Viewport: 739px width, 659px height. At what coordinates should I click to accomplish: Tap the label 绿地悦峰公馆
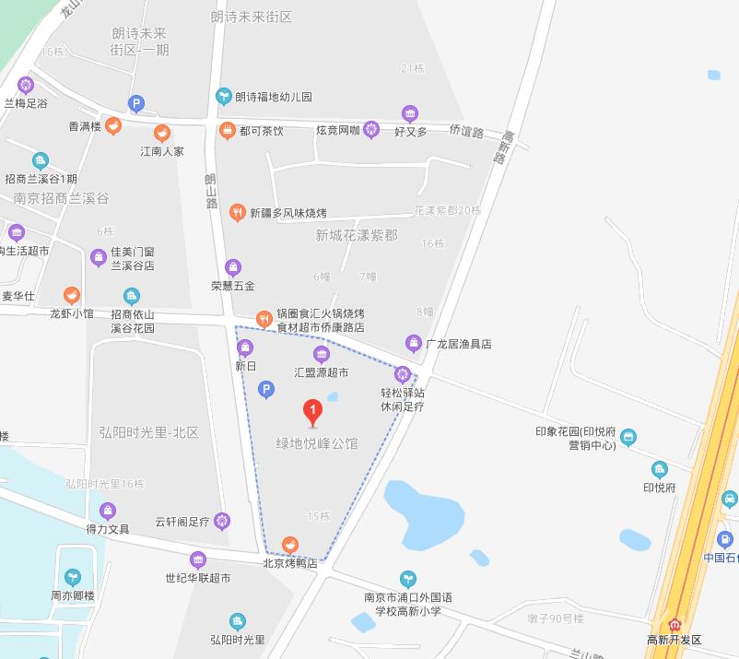(317, 443)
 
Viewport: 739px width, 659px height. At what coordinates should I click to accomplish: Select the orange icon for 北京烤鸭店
(290, 545)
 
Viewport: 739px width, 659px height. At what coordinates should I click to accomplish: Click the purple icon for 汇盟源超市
(321, 354)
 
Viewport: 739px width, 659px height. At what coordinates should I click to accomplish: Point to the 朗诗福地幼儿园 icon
(223, 96)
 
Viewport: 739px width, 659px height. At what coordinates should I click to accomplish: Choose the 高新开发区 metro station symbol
(674, 623)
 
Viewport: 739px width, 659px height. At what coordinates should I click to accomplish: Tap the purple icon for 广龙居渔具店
(414, 344)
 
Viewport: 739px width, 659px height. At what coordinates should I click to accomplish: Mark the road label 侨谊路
(466, 132)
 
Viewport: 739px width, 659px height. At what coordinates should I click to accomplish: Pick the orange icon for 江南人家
(162, 133)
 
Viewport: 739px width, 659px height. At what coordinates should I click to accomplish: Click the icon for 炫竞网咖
(371, 130)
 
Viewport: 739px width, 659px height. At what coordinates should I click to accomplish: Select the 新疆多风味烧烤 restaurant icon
(238, 213)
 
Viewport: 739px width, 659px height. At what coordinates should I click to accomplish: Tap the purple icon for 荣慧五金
(233, 267)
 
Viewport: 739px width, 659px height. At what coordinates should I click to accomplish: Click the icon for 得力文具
(108, 511)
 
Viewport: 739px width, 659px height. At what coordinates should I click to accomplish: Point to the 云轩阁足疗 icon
(221, 522)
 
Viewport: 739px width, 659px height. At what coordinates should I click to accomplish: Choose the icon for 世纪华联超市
(198, 559)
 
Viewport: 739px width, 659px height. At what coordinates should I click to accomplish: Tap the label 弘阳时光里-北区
(148, 432)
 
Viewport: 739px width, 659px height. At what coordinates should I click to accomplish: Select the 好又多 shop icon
(411, 113)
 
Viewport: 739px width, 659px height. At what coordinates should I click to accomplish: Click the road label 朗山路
(211, 191)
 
